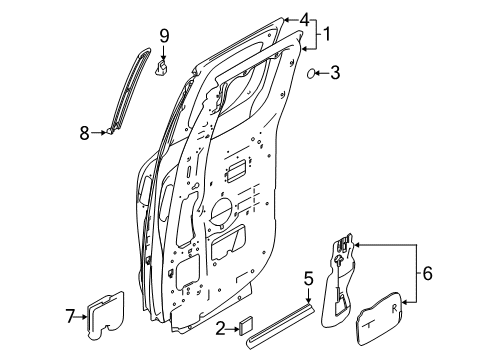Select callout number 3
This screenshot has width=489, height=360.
click(x=335, y=72)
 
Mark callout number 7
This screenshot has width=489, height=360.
click(x=71, y=317)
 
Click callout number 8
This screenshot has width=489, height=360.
click(x=85, y=131)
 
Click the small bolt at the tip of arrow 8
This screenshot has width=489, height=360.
click(x=111, y=131)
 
